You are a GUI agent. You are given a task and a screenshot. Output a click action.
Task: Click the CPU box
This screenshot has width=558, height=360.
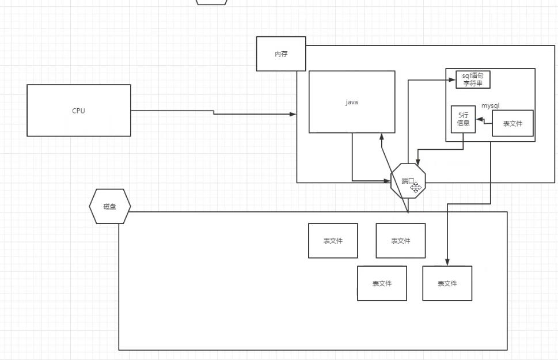(x=79, y=111)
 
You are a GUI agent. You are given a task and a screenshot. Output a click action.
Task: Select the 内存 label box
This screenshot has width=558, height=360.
(x=281, y=54)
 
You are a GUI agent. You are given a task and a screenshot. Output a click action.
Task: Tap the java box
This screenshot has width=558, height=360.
(x=352, y=102)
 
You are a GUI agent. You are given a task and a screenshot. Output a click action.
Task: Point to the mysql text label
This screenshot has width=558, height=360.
(x=490, y=106)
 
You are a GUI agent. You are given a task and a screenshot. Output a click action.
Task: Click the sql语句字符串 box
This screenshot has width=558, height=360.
(x=473, y=79)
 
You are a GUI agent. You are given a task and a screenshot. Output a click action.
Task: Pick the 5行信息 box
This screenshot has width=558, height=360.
(x=463, y=119)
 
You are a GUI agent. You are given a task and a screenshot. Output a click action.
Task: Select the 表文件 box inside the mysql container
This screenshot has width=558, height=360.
(x=513, y=123)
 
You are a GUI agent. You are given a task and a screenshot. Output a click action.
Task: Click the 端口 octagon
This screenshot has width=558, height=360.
(x=408, y=181)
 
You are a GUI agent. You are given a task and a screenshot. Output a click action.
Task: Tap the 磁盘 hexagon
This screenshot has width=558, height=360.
(x=110, y=206)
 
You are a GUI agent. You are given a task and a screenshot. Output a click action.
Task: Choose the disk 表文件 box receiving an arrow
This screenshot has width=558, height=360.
(x=447, y=283)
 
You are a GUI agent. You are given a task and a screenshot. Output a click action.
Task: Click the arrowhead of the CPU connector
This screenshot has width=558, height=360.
(x=294, y=115)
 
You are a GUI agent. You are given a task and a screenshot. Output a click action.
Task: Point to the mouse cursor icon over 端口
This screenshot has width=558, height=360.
(x=416, y=186)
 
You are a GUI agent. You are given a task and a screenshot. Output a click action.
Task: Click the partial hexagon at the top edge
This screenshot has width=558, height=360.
(x=211, y=2)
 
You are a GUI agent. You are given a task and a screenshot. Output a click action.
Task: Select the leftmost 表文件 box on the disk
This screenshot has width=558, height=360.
(x=333, y=241)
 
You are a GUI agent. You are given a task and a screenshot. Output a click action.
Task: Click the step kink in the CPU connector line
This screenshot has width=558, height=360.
(x=214, y=113)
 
